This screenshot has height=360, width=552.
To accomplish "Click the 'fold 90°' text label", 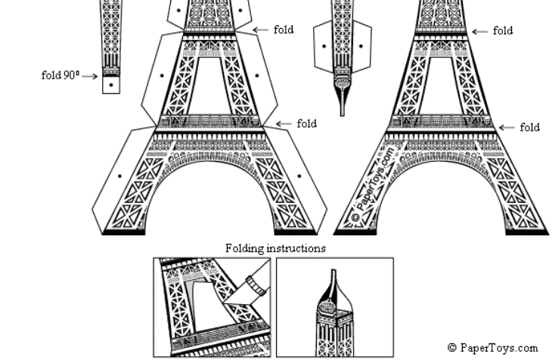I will pos(60,75).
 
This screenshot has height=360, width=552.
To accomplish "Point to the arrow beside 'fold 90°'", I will pos(90,76).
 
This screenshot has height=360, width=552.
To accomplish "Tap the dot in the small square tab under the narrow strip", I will pos(111,85).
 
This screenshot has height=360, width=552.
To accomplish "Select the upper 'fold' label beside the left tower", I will pos(284,30).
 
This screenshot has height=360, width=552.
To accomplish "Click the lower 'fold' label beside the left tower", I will pos(306,123).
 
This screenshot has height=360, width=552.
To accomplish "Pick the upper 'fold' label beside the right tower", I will pos(503,31).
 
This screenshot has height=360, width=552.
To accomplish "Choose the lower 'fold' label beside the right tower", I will pos(529,127).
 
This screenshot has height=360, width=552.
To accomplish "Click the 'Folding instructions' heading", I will pos(276,248).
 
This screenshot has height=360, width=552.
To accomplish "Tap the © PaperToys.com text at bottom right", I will pos(492,348).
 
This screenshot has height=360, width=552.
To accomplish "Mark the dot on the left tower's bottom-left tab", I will pos(120,176).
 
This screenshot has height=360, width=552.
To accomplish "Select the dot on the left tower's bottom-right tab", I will pos(299,176).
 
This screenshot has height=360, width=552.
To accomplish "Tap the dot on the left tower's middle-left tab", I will pos(162,75).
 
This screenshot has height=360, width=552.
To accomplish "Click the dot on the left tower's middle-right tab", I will pos(257,75).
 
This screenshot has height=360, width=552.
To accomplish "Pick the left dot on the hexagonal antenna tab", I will pos(324,46).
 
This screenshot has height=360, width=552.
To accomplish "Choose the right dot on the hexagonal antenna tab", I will pos(361,46).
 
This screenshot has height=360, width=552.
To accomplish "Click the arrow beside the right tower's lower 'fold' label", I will pos(507,127).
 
